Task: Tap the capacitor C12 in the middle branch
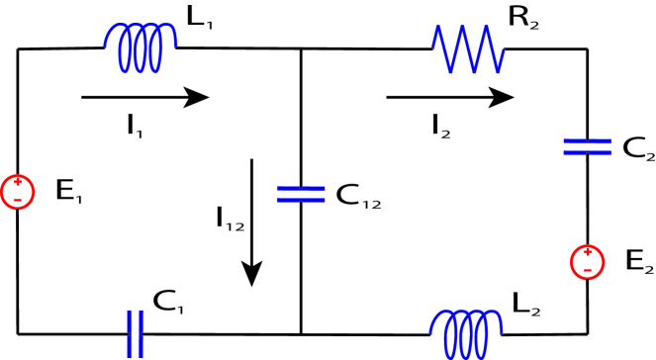point(300,193)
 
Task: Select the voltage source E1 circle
point(17,191)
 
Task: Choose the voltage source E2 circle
point(587,261)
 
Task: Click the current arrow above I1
point(144,97)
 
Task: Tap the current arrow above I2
point(449,97)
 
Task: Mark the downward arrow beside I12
point(254,222)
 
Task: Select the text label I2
point(441,125)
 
